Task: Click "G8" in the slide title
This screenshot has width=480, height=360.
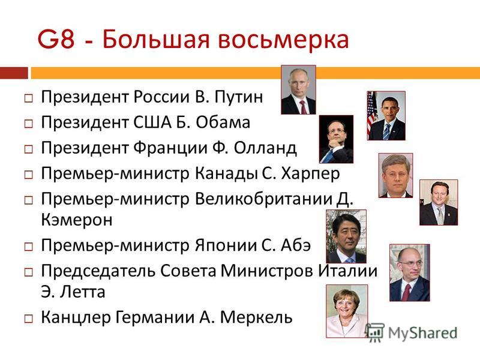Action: [x=56, y=39]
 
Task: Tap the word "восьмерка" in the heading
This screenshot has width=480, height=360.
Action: [x=283, y=39]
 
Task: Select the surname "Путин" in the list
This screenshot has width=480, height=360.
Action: [x=238, y=97]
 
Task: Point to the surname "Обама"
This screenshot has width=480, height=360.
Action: [x=223, y=122]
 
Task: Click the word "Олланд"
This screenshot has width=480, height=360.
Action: [x=265, y=148]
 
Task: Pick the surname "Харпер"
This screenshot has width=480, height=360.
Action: [x=310, y=174]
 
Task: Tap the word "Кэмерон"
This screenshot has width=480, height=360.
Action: [x=77, y=220]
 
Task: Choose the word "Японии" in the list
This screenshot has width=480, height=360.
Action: [x=226, y=245]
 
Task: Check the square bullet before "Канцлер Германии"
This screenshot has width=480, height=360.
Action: [x=28, y=319]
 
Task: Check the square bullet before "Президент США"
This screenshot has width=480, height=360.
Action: [x=28, y=124]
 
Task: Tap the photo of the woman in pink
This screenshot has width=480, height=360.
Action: [x=347, y=311]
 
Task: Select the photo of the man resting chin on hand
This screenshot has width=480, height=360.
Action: [x=336, y=139]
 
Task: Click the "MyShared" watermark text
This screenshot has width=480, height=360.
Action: [x=422, y=333]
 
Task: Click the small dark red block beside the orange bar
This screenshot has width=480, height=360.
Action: [x=14, y=73]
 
